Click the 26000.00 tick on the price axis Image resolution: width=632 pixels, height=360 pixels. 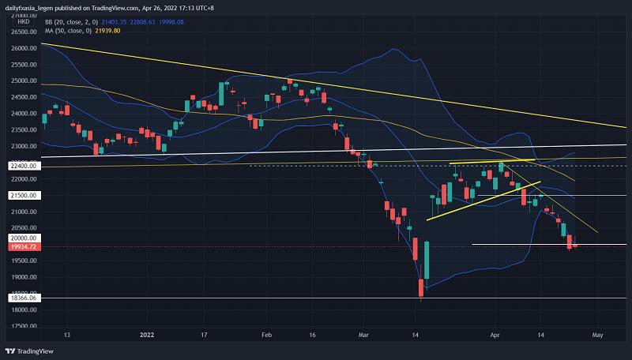pos(24,48)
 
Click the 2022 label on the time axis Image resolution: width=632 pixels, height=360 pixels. pos(147,335)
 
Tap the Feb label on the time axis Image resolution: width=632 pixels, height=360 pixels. pos(265,335)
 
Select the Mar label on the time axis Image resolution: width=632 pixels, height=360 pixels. pos(363,335)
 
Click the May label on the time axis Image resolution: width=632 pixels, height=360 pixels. pos(597,335)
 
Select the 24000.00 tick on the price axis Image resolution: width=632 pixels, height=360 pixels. pos(24,114)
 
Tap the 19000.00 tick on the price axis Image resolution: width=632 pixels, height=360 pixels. pos(24,278)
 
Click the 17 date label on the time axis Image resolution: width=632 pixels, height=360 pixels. pos(204,335)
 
